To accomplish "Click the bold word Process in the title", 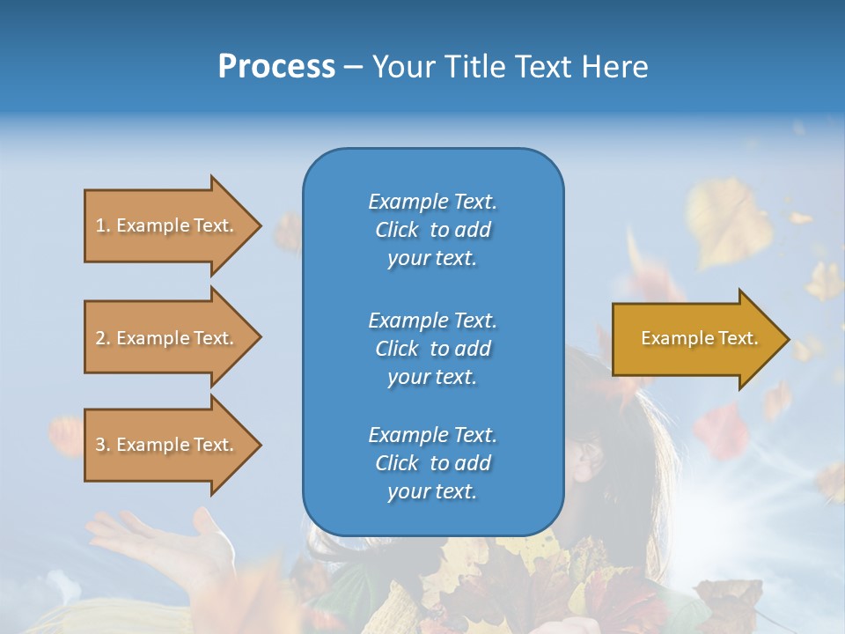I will (x=276, y=67).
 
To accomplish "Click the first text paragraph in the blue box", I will (x=432, y=230).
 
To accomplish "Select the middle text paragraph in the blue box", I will (x=432, y=349).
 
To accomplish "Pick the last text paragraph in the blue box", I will (x=432, y=463).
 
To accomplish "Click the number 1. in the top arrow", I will (x=103, y=225).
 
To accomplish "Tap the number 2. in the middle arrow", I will (x=103, y=338).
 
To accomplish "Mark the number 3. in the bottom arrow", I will (x=103, y=445).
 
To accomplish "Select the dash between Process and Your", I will (x=354, y=68).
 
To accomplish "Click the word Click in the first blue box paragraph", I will (x=397, y=230).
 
